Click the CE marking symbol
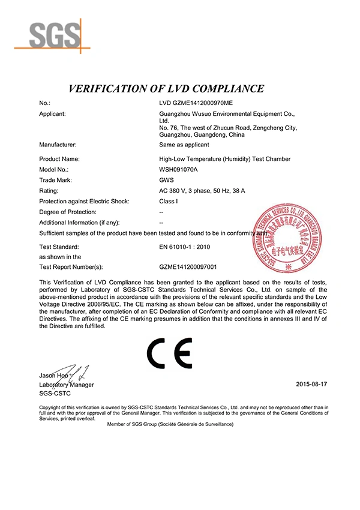(172, 353)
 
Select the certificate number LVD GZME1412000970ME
(195, 103)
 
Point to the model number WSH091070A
(179, 169)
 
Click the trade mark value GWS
(166, 179)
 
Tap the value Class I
(167, 201)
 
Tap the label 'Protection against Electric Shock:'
(83, 201)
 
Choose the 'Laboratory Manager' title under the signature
(66, 384)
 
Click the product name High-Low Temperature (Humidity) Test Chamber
(221, 158)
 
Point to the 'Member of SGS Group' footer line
(169, 424)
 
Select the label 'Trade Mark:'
(55, 179)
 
